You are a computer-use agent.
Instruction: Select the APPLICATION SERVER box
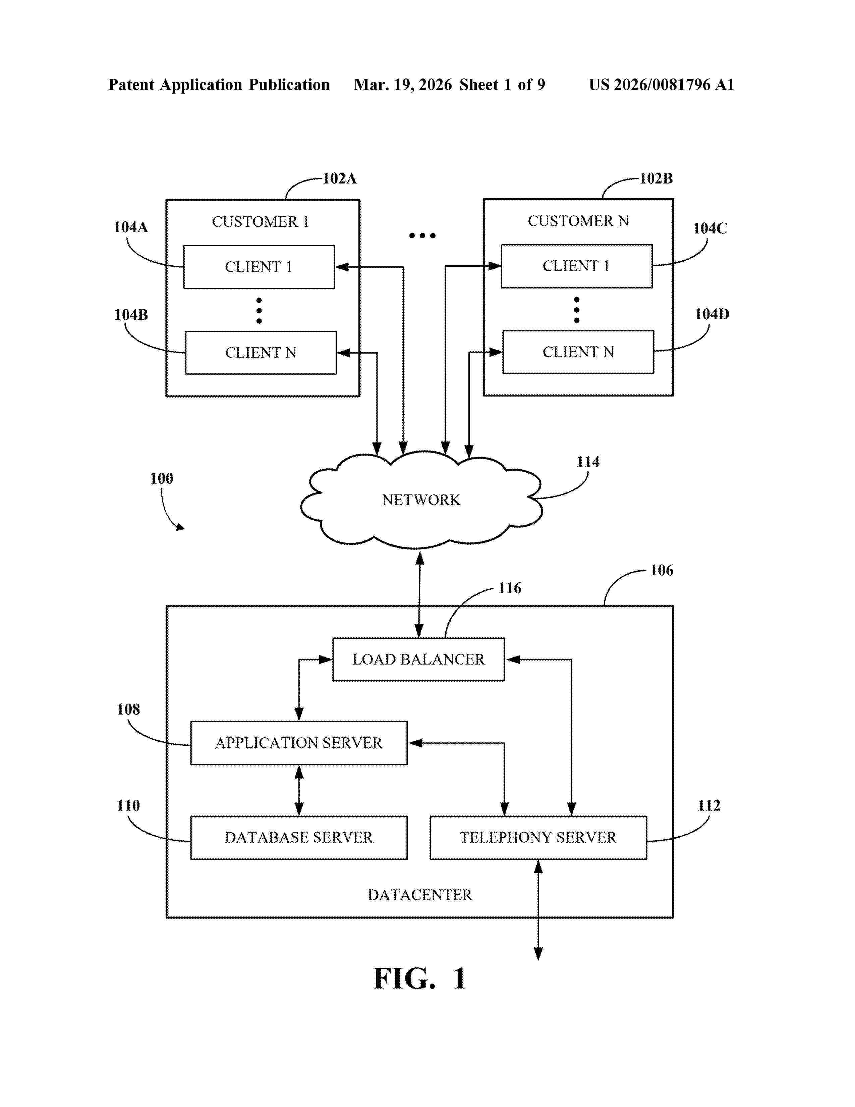299,743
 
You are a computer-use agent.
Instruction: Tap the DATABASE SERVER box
299,837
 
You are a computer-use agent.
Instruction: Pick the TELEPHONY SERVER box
538,837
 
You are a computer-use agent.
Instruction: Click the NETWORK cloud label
421,500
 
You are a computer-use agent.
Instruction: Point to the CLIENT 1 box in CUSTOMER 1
259,267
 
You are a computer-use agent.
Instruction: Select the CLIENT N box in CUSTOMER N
578,352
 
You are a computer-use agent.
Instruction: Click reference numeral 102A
340,178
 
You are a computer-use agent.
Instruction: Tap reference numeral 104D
711,314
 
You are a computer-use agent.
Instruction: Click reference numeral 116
510,588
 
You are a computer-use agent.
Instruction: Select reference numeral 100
162,478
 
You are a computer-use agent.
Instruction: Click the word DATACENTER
419,895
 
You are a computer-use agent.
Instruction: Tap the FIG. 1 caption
419,979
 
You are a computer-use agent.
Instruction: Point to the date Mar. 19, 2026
403,85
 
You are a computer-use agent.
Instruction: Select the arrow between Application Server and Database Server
299,790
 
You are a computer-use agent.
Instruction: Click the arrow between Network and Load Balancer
419,594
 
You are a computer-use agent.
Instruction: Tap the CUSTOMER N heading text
578,221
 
